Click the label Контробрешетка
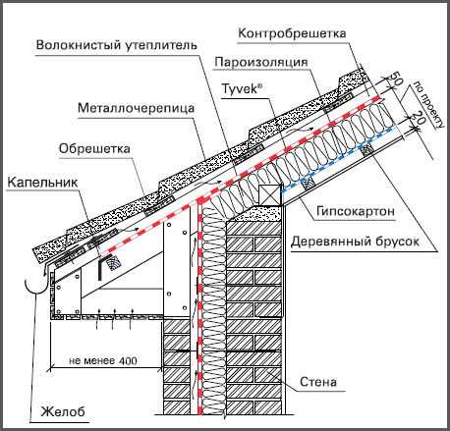[x=292, y=33]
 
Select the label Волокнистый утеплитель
[x=117, y=45]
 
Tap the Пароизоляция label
[x=260, y=62]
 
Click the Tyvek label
[x=243, y=88]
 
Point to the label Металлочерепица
[x=137, y=108]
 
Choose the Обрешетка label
[x=94, y=149]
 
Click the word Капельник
[x=42, y=183]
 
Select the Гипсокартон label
[x=356, y=211]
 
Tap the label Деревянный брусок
[x=355, y=242]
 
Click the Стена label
[x=318, y=382]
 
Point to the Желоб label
[x=63, y=411]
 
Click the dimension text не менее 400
[x=103, y=361]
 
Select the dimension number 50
[x=395, y=78]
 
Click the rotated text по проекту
[x=428, y=104]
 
